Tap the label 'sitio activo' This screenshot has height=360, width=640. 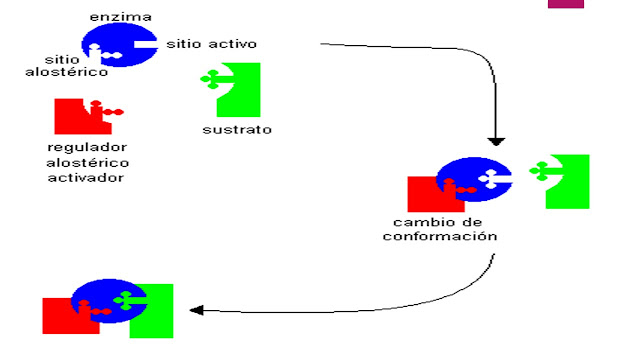click(x=211, y=44)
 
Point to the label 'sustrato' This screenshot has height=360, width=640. click(x=237, y=130)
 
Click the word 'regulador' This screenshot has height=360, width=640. click(x=89, y=147)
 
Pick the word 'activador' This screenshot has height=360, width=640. click(x=89, y=178)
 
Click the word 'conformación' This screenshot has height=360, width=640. click(x=440, y=237)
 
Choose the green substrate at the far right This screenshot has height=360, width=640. click(x=569, y=181)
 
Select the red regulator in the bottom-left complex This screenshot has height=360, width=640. click(x=58, y=316)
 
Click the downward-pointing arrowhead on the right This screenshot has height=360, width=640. click(x=496, y=141)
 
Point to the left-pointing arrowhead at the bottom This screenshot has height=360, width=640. click(x=196, y=310)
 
